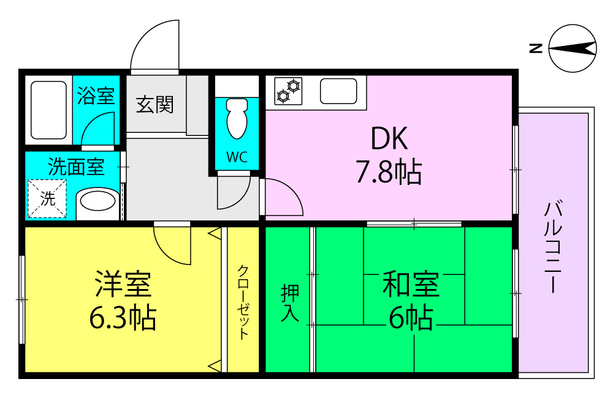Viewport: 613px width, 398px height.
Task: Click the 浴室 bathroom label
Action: pyautogui.click(x=96, y=96)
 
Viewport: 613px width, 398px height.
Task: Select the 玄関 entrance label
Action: pyautogui.click(x=154, y=105)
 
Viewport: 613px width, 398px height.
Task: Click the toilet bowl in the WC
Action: pyautogui.click(x=236, y=119)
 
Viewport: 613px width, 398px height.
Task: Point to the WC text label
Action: pyautogui.click(x=237, y=157)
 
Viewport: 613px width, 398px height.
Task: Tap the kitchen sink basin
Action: pyautogui.click(x=338, y=91)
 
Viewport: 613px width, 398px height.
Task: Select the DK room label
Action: pyautogui.click(x=389, y=140)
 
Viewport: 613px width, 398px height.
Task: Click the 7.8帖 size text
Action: pyautogui.click(x=389, y=173)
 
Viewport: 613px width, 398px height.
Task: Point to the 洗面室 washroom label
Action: pyautogui.click(x=75, y=167)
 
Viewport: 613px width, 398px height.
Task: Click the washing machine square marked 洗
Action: pyautogui.click(x=47, y=198)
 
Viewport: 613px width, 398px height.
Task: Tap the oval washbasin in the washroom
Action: pyautogui.click(x=96, y=201)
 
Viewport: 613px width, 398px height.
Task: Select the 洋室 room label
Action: pyautogui.click(x=123, y=284)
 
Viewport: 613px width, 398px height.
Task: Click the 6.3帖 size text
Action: pyautogui.click(x=123, y=318)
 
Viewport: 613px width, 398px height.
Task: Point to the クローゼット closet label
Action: pyautogui.click(x=243, y=301)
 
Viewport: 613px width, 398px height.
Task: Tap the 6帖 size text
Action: pyautogui.click(x=411, y=318)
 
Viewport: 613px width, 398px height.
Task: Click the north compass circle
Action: pyautogui.click(x=573, y=48)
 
